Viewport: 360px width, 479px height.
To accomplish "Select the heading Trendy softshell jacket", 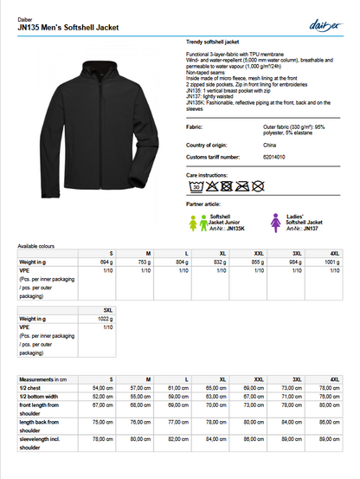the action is (212, 42).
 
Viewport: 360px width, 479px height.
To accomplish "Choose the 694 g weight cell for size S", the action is (107, 262).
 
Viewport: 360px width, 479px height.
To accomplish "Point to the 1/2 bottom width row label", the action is (39, 396).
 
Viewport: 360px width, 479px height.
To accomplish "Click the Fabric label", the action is (195, 126).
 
